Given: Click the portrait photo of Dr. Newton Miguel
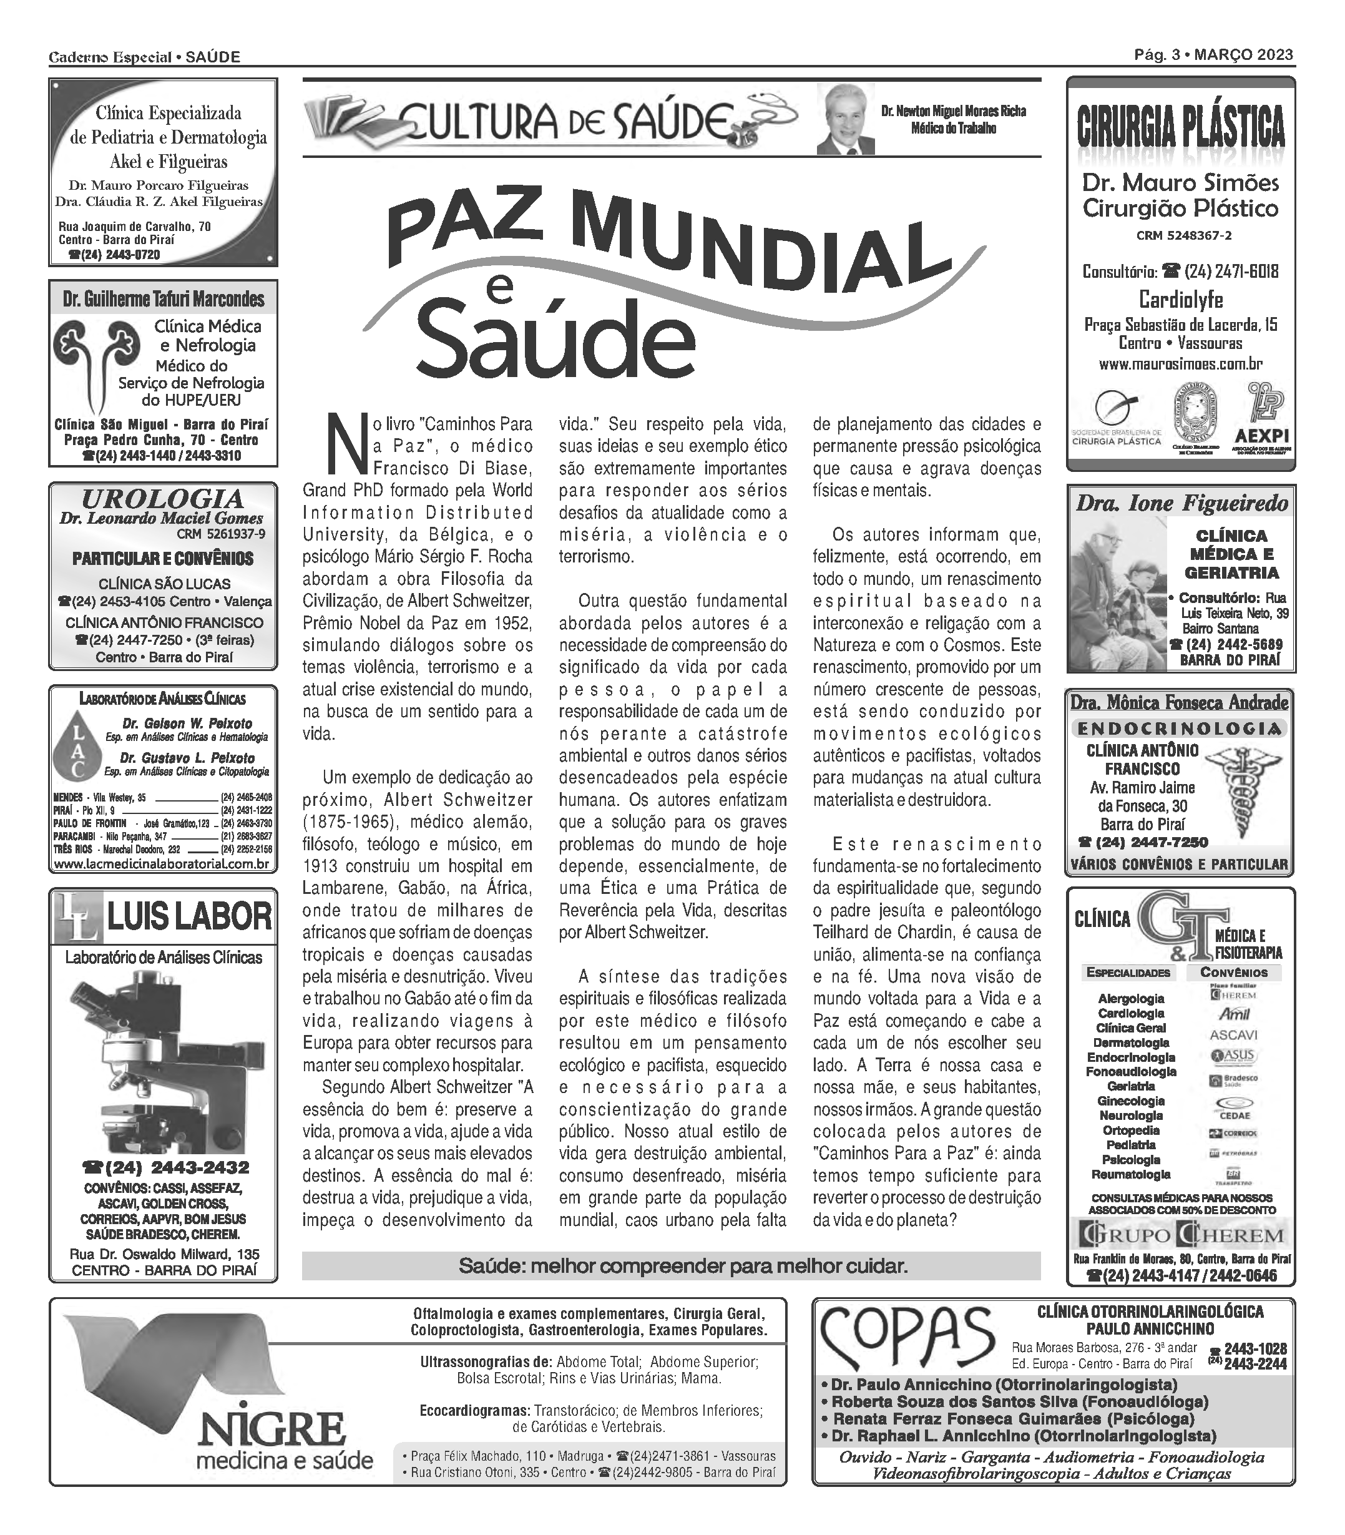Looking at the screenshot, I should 846,119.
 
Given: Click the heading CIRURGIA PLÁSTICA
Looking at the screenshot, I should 1181,126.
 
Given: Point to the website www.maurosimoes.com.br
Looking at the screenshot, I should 1181,364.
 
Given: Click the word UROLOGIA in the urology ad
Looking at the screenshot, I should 163,498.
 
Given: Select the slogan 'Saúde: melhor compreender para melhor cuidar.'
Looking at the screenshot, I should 683,1267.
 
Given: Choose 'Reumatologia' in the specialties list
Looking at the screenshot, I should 1130,1174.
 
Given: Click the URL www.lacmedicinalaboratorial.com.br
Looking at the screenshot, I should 162,864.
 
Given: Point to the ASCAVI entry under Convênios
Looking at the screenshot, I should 1233,1034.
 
